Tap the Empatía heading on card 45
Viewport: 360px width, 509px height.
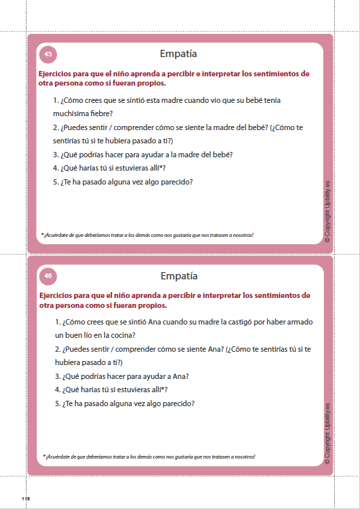(x=179, y=54)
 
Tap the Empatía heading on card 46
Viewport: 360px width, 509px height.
(x=179, y=275)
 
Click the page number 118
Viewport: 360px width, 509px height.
(x=26, y=498)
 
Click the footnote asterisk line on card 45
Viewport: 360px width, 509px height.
(x=147, y=235)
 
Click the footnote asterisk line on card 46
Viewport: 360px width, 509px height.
(x=149, y=457)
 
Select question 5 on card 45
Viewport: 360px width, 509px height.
(x=123, y=182)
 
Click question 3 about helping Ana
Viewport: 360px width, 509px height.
(x=122, y=376)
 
